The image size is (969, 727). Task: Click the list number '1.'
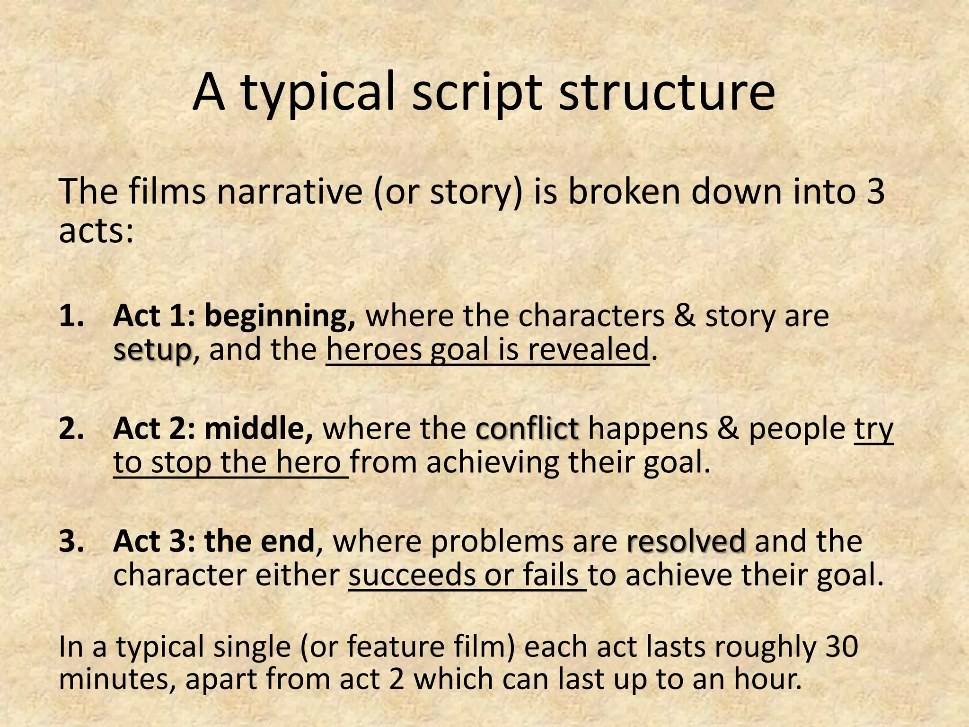[72, 316]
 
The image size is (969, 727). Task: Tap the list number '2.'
[72, 429]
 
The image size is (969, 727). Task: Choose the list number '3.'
[72, 541]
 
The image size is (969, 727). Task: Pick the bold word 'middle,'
[258, 429]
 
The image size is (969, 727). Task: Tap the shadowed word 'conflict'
[528, 429]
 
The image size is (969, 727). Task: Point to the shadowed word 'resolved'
[687, 541]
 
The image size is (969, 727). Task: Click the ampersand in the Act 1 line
[684, 316]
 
